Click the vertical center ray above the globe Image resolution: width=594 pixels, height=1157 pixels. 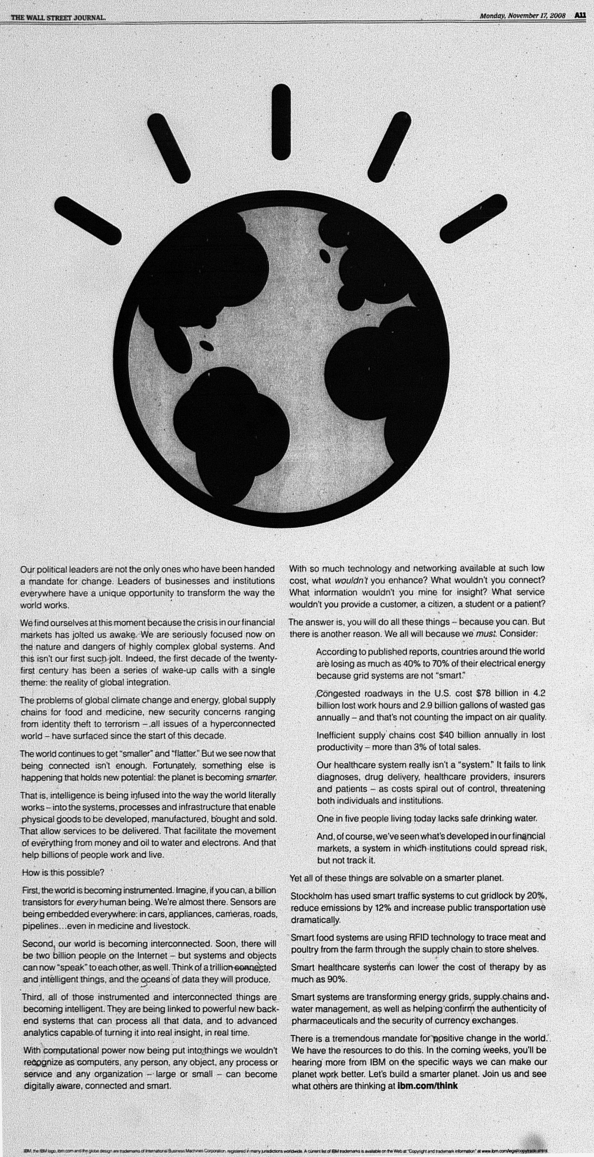(281, 122)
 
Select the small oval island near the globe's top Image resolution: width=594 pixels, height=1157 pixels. (325, 256)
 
